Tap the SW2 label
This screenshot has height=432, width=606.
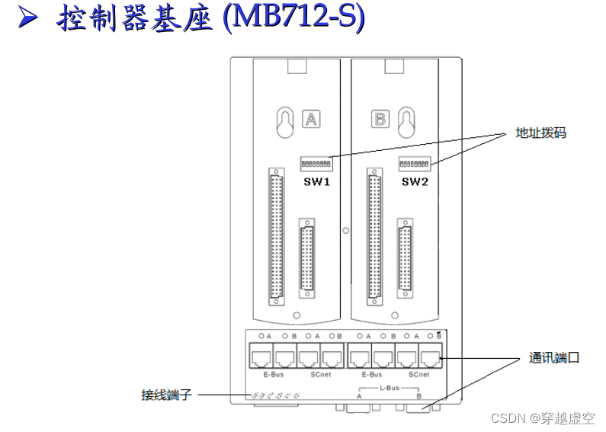(x=415, y=183)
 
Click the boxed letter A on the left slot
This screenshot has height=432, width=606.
(x=312, y=120)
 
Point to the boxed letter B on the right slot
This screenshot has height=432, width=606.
(x=379, y=120)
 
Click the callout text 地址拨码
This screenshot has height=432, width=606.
(x=540, y=133)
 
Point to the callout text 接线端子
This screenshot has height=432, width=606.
(x=163, y=395)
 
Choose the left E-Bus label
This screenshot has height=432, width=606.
(x=274, y=374)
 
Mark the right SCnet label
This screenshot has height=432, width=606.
(x=418, y=374)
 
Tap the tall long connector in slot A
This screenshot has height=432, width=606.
(x=275, y=235)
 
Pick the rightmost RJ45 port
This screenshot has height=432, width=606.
(x=430, y=356)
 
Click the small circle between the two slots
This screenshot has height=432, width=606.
(x=347, y=228)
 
